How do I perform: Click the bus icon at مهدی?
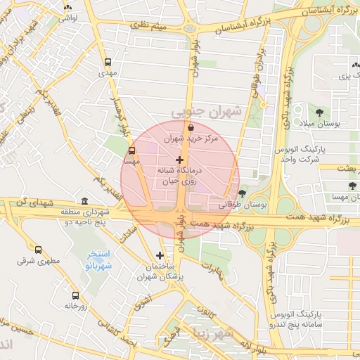pos(107,62)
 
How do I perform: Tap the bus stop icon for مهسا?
pos(132,150)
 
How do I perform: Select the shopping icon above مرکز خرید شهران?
pos(191,127)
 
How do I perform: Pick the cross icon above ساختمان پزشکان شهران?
pos(160,255)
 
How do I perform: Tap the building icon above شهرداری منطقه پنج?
pos(85,201)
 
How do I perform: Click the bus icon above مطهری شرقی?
pos(38,250)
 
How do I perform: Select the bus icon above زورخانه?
pos(75,295)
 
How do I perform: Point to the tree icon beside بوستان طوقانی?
pos(242,193)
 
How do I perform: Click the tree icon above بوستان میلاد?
pos(320,112)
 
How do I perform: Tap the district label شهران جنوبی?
pos(206,111)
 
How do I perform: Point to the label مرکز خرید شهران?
pos(191,139)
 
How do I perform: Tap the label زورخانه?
pos(75,306)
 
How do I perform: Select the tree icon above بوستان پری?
pos(352,67)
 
